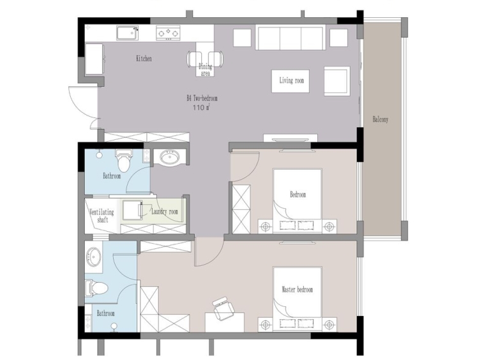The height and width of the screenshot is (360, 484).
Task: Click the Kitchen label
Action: click(x=144, y=58)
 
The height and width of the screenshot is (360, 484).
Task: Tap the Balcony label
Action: click(x=381, y=119)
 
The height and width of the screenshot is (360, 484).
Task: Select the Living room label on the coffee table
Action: click(x=291, y=80)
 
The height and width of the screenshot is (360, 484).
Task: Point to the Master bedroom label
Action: click(x=298, y=289)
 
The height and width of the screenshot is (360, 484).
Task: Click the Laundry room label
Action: click(x=165, y=212)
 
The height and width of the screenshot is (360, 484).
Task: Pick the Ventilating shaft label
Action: click(x=102, y=216)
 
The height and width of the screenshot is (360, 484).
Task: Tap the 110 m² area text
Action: click(x=202, y=107)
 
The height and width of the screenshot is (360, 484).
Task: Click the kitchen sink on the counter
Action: click(x=127, y=33)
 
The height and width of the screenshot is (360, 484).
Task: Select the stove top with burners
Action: click(x=168, y=33)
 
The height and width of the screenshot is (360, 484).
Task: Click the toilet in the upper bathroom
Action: click(x=124, y=161)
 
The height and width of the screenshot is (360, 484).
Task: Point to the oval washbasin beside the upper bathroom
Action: click(x=169, y=157)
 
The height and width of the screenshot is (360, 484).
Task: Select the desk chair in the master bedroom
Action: click(x=223, y=308)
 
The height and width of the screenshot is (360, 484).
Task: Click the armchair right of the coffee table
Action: click(x=337, y=81)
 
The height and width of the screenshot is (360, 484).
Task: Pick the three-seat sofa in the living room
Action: click(x=291, y=38)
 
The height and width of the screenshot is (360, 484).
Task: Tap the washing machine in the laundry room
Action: click(x=133, y=211)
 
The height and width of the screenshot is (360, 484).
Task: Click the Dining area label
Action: click(x=205, y=70)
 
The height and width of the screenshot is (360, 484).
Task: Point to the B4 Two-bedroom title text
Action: click(x=202, y=98)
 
